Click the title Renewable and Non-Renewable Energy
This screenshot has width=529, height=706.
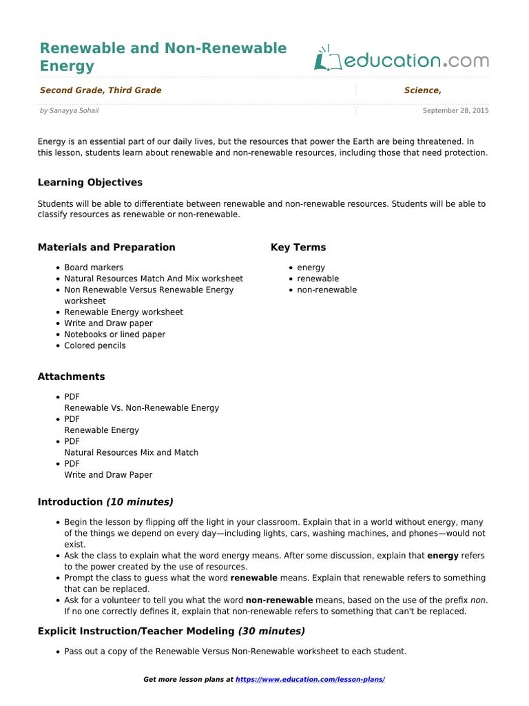[163, 57]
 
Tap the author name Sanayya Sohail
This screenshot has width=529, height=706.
[74, 110]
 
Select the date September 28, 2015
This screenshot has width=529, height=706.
[455, 110]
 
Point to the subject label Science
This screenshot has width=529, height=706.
[422, 90]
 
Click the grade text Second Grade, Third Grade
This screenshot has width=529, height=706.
[101, 90]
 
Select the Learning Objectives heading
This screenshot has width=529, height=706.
[90, 183]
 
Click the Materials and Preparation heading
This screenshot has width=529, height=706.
[106, 248]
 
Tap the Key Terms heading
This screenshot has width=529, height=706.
[298, 248]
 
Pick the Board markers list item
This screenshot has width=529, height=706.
[94, 268]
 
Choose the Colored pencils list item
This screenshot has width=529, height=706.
[95, 345]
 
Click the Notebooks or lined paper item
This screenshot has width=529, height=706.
[114, 334]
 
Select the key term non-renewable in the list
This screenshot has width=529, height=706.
[326, 290]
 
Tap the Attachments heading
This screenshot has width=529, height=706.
[71, 377]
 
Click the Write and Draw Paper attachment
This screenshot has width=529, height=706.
[108, 475]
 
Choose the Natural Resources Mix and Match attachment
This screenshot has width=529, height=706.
[131, 453]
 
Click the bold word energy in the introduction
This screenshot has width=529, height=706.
[443, 555]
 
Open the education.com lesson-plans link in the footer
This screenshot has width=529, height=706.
[310, 680]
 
